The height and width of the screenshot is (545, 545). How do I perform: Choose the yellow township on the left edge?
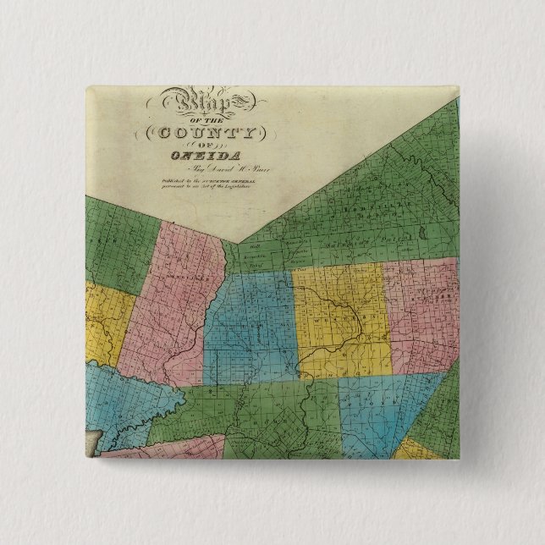(106, 322)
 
